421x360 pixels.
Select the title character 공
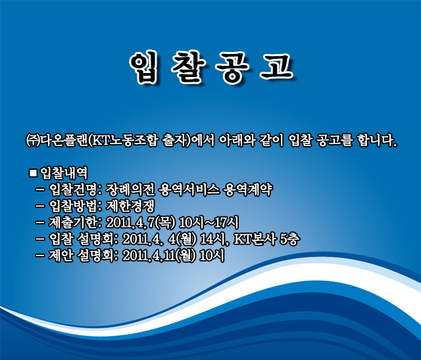232,67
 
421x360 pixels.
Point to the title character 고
276,66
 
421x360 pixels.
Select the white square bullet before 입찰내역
33,172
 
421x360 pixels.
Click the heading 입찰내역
64,173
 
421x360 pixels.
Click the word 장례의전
130,190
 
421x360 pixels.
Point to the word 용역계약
248,190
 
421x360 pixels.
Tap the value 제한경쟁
130,206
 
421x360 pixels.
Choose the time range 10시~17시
209,222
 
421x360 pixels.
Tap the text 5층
289,239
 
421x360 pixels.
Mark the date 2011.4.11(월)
159,255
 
